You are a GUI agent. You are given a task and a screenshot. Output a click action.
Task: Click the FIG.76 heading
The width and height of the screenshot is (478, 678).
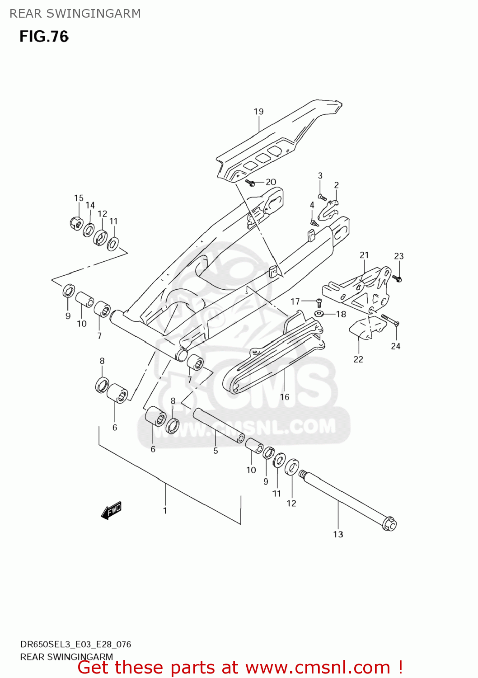[44, 37]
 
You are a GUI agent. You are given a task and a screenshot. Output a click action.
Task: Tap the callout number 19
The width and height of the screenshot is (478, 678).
[258, 112]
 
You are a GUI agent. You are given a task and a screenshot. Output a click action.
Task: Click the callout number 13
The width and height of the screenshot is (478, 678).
[338, 534]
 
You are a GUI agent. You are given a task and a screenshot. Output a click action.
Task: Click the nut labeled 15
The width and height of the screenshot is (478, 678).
[76, 222]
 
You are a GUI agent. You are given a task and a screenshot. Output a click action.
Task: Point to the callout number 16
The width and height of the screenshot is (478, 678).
[285, 397]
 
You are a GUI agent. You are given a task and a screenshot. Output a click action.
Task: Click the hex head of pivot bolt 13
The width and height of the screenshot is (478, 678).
[389, 524]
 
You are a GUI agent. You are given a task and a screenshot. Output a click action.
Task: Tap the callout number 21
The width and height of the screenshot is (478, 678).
[364, 255]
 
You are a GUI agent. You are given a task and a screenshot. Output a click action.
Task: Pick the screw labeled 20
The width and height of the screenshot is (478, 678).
[250, 183]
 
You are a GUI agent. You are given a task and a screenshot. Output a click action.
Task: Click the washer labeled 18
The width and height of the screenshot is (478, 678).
[319, 314]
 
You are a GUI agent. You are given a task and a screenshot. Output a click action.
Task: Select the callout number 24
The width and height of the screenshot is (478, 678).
[396, 346]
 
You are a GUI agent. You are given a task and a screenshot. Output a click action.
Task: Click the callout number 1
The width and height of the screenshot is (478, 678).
[165, 510]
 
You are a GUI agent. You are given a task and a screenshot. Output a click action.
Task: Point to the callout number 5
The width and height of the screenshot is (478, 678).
[216, 451]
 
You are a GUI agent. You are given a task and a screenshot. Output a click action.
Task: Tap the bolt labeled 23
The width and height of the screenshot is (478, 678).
[397, 278]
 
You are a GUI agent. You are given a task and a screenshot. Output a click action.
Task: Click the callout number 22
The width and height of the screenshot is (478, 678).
[358, 359]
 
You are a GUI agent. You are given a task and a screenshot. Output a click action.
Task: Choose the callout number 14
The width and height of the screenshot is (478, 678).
[90, 205]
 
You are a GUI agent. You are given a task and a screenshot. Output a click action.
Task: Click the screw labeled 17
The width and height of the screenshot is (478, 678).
[319, 302]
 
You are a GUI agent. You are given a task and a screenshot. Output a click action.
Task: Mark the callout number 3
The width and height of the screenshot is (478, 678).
[320, 176]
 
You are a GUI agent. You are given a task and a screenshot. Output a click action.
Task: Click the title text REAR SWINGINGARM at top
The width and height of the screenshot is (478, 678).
[75, 14]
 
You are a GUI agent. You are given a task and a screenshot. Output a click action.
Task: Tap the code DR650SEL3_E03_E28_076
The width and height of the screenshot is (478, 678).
[75, 645]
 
